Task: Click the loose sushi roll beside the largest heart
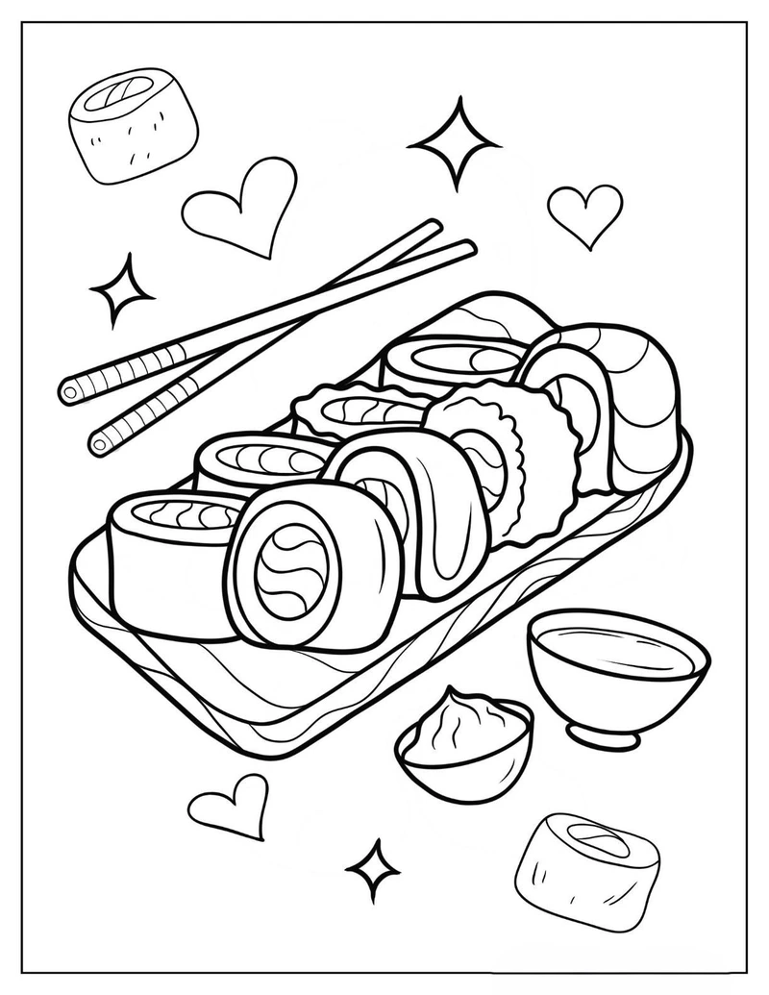coord(133,125)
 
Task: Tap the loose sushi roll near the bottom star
coord(586,871)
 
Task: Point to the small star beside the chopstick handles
coord(121,288)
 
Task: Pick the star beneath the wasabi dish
coord(373,869)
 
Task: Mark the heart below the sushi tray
coord(230,804)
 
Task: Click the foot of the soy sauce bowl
coord(603,735)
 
